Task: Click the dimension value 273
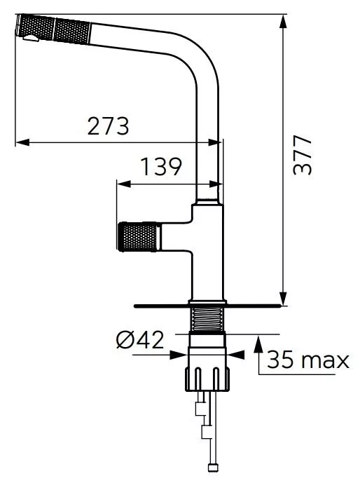[108, 126]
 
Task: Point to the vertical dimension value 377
[302, 156]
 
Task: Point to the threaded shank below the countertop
[207, 319]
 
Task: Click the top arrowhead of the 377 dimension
[283, 20]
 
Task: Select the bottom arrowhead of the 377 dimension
[283, 299]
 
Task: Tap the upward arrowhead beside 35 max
[259, 343]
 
